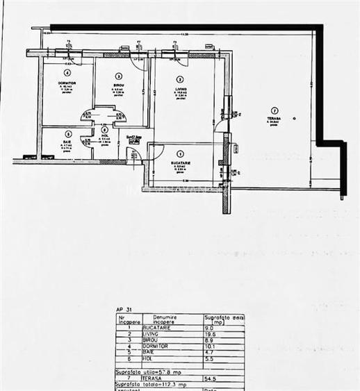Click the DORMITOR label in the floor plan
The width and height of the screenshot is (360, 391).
click(67, 82)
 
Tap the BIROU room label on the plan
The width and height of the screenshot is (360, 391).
click(118, 85)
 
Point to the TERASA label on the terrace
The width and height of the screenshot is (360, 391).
click(275, 118)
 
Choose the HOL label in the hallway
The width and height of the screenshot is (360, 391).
click(104, 138)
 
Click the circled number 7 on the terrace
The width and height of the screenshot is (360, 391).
click(275, 110)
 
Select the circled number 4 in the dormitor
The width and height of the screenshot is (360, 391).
click(67, 72)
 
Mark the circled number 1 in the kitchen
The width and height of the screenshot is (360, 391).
click(181, 153)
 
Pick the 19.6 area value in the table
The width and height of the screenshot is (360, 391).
click(210, 333)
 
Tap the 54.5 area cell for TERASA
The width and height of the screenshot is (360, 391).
click(211, 378)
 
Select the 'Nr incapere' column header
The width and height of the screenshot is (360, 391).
click(129, 319)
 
